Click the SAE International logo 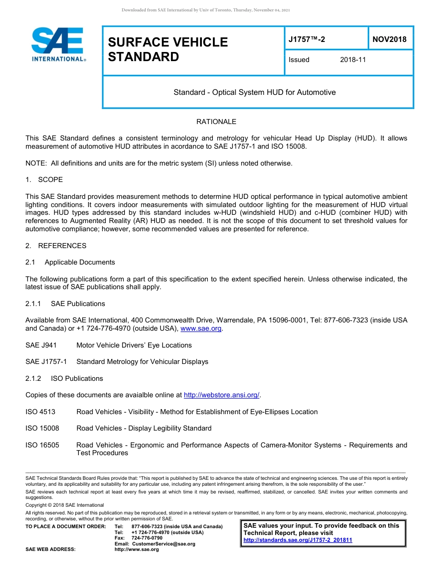click(58, 45)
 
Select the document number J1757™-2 click(307, 39)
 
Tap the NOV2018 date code click(389, 39)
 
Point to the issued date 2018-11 click(353, 60)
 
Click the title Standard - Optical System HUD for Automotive click(254, 92)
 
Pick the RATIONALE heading click(216, 122)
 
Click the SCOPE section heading click(50, 180)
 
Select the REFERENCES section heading click(62, 246)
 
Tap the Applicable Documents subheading click(80, 262)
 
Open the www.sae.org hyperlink click(201, 328)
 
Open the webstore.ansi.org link click(221, 395)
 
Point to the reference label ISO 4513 click(41, 412)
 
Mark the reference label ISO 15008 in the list click(42, 428)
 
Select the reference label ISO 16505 click(42, 445)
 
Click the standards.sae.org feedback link click(298, 540)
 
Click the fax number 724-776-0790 click(147, 538)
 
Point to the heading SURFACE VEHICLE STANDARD click(168, 49)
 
